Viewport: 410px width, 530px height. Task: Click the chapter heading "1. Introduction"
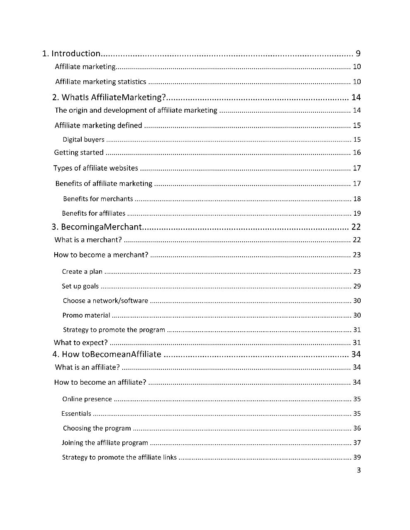coord(71,53)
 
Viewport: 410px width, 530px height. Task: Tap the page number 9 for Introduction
coord(358,53)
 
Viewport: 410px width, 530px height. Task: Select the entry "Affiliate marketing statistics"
coord(100,82)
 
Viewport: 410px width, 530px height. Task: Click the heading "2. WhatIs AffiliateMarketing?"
coord(109,97)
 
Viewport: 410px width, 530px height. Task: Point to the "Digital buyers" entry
coord(83,140)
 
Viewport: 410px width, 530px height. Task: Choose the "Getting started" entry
coord(79,152)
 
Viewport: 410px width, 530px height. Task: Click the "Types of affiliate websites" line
coord(96,168)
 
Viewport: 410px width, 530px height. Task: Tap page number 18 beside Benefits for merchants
coord(357,199)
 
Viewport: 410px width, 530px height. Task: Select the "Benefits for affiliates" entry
coord(93,213)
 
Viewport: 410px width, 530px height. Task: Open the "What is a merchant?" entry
coord(88,240)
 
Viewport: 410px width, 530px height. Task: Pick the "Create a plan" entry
coord(82,272)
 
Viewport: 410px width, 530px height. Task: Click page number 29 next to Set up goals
coord(357,286)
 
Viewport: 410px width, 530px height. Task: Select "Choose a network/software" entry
coord(105,301)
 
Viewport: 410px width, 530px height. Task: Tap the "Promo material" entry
coord(86,315)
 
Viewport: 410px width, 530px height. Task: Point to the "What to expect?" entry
coord(81,342)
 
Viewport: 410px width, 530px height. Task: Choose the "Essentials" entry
coord(76,414)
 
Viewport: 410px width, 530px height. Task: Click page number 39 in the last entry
coord(357,457)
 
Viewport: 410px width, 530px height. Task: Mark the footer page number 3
coord(359,470)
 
